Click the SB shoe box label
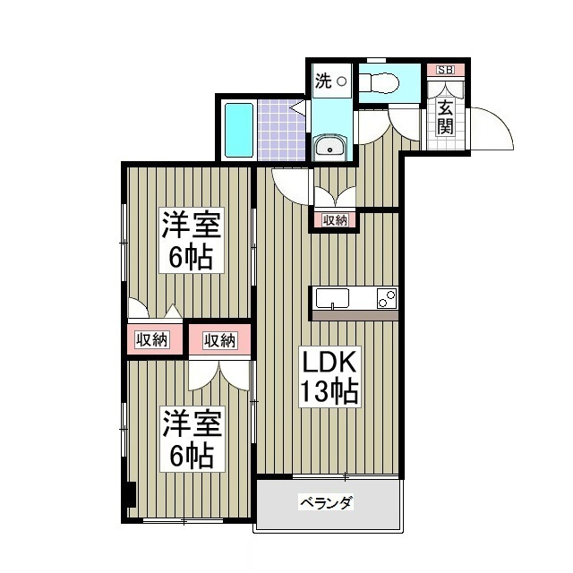tap(444, 70)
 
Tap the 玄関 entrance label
tap(445, 115)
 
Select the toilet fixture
tap(379, 82)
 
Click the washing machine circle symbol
tap(341, 81)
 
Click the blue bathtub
tap(238, 130)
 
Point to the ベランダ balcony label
tap(326, 503)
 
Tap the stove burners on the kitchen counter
tap(387, 299)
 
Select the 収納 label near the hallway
tap(335, 219)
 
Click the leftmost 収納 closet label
tap(152, 339)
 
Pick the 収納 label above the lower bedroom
tap(219, 339)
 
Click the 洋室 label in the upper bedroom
tap(191, 224)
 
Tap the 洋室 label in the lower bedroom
tap(191, 422)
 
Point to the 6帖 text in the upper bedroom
tap(191, 257)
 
